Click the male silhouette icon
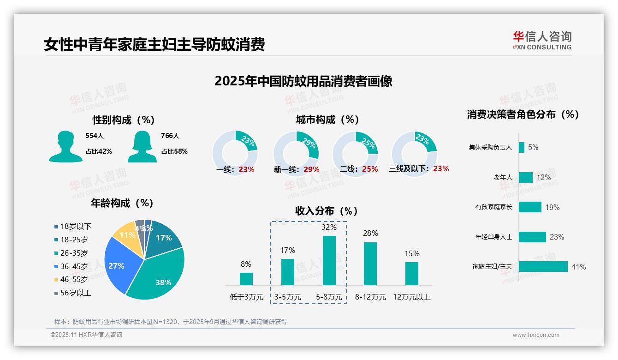coord(65,146)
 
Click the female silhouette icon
coord(142,146)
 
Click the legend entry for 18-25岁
coord(74,240)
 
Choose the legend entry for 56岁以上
coord(76,293)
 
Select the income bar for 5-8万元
coord(329,260)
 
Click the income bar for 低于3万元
coord(246,279)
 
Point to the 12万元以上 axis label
coord(411,297)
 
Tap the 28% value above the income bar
coord(370,233)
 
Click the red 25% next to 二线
coord(370,169)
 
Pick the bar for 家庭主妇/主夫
coord(543,267)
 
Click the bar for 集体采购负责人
coord(521,147)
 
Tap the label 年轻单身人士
coord(493,237)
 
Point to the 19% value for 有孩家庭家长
coord(552,207)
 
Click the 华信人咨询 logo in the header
coord(542,40)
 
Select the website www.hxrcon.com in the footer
coord(535,335)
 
